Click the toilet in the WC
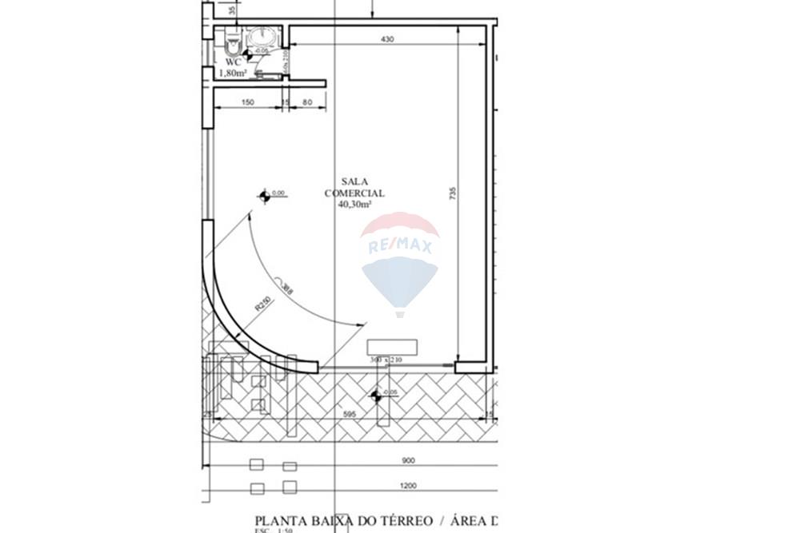tap(232, 38)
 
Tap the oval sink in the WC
tap(262, 37)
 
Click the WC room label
tap(233, 62)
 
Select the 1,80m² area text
tap(232, 73)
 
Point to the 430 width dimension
tap(387, 38)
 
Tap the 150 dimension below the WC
tap(247, 102)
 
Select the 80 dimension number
tap(306, 102)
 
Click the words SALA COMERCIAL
tap(354, 188)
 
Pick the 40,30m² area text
tap(355, 204)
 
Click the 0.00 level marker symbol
tap(265, 195)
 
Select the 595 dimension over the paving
tap(349, 415)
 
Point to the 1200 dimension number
tap(409, 485)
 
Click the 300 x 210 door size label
tap(385, 360)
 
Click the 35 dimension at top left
tap(232, 10)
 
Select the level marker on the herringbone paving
tap(375, 395)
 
